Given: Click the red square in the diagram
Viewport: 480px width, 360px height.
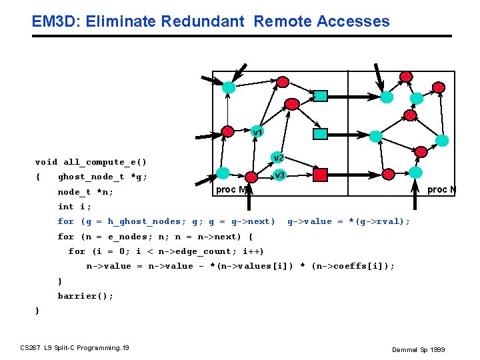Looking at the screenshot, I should (x=321, y=175).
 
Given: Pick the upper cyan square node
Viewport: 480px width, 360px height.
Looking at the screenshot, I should (x=321, y=95).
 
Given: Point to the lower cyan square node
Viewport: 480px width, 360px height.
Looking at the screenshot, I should (x=321, y=134).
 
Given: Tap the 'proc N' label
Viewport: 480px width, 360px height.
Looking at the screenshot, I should (x=441, y=190).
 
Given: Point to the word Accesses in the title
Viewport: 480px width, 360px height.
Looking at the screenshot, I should (x=353, y=21).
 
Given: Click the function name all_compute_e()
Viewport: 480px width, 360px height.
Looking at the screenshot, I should (x=105, y=162).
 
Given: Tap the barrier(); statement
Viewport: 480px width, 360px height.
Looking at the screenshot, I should (x=85, y=296).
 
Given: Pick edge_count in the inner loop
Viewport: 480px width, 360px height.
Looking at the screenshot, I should (x=203, y=251).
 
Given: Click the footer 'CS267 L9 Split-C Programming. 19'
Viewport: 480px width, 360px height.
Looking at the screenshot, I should (x=75, y=347).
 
